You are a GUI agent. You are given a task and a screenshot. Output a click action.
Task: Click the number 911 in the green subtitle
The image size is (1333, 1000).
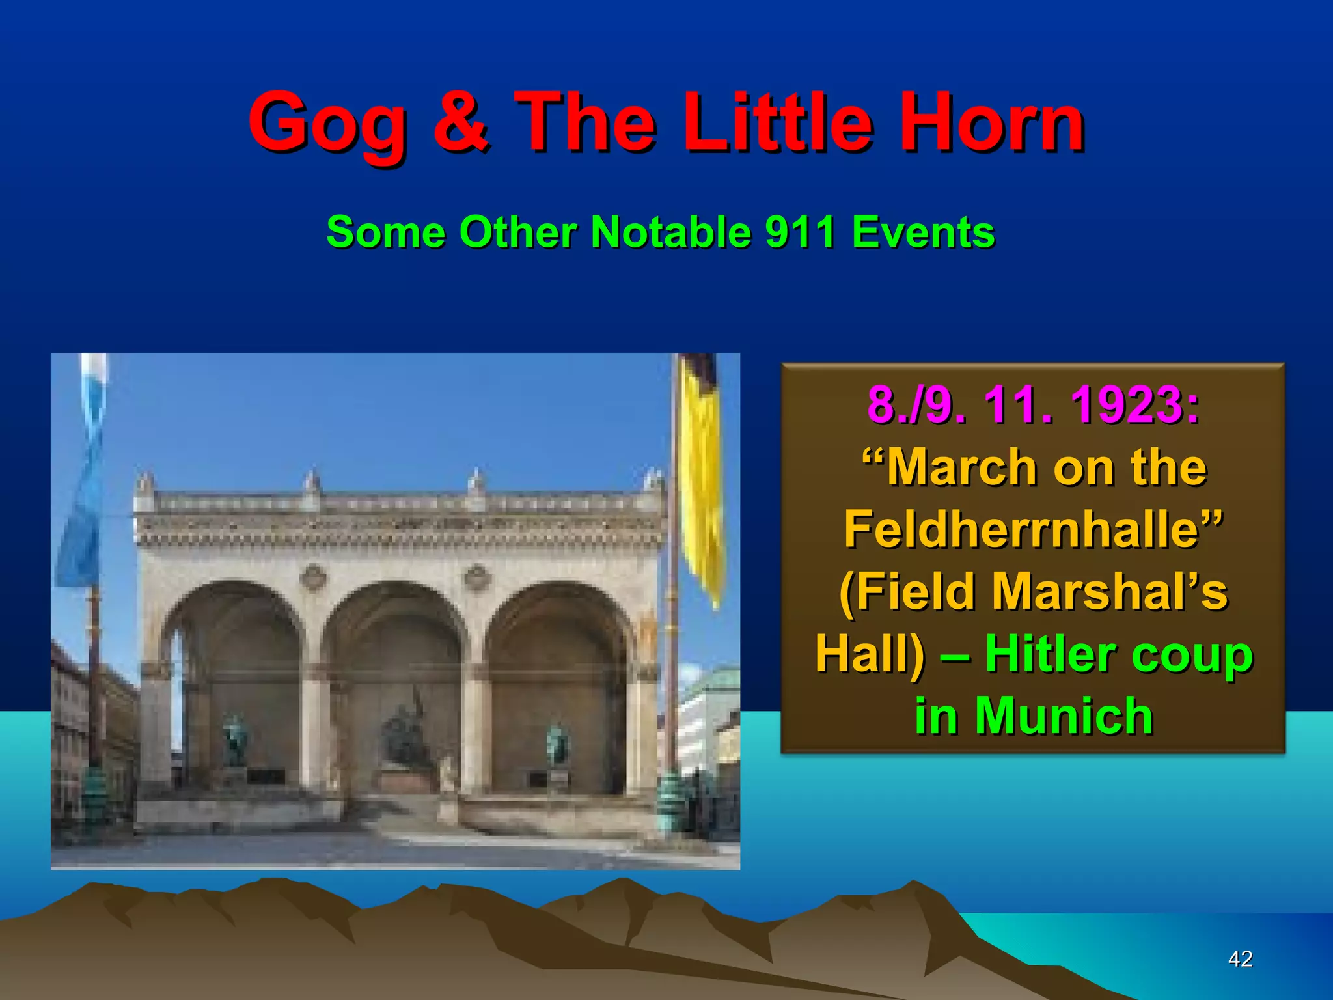(x=800, y=232)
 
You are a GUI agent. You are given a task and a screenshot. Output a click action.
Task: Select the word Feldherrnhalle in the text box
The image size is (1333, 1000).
(x=1032, y=529)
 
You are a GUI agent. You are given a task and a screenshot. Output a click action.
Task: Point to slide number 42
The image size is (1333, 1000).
(x=1240, y=959)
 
